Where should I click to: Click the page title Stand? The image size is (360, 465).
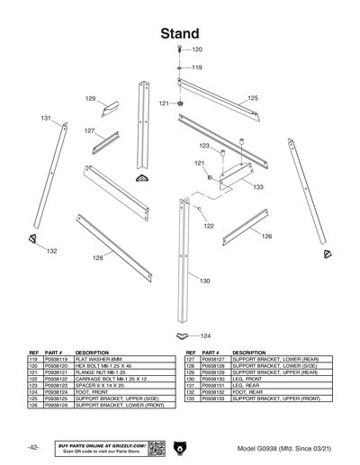click(180, 33)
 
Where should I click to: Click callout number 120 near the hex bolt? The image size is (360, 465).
click(198, 49)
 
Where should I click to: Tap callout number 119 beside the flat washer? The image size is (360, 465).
click(197, 67)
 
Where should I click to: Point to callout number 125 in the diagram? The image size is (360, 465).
click(253, 97)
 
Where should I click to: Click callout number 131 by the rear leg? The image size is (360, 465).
click(45, 118)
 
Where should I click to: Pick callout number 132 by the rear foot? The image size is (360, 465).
click(52, 251)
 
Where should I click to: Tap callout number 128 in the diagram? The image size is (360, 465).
click(97, 258)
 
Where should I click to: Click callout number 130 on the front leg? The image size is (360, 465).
click(204, 281)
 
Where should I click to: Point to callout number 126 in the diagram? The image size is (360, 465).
click(267, 237)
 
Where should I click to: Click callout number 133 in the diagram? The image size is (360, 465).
click(257, 187)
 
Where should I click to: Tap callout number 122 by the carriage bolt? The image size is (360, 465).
click(209, 226)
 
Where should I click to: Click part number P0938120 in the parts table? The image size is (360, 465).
click(58, 366)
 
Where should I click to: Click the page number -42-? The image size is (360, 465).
click(32, 448)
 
